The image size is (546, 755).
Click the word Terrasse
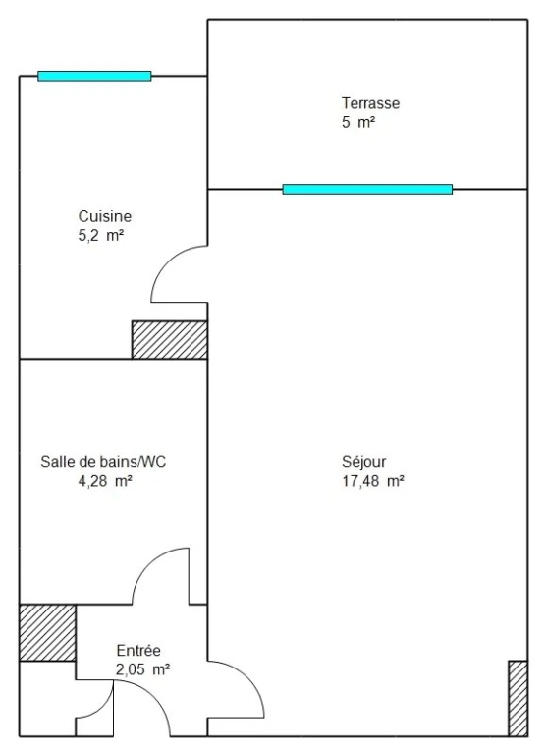click(370, 103)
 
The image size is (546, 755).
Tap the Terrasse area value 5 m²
click(358, 122)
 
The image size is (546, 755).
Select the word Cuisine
click(105, 216)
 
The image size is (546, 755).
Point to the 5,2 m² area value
click(101, 236)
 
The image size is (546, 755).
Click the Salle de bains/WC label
click(103, 462)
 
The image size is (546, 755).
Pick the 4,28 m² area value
click(105, 481)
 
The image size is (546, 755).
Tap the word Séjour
click(364, 462)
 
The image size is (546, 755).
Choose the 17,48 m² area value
click(373, 481)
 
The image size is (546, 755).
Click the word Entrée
click(138, 651)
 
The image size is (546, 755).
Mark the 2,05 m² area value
click(142, 669)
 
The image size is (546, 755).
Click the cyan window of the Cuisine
click(95, 76)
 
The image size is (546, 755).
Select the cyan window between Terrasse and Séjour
click(367, 189)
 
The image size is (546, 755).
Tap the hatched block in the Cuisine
click(170, 340)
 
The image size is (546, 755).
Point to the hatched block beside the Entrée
click(47, 633)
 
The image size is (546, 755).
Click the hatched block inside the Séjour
click(519, 699)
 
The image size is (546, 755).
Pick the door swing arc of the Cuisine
click(167, 261)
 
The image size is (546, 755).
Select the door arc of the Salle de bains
click(148, 564)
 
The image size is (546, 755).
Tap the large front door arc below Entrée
click(154, 696)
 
